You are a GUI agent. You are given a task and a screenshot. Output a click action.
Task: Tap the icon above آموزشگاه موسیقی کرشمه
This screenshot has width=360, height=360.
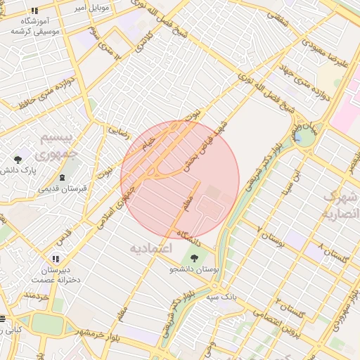click(x=34, y=11)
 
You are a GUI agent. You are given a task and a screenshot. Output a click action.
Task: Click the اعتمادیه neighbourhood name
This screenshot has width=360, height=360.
click(x=150, y=248)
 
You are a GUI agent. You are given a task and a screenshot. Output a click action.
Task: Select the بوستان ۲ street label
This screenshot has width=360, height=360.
click(x=270, y=239)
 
